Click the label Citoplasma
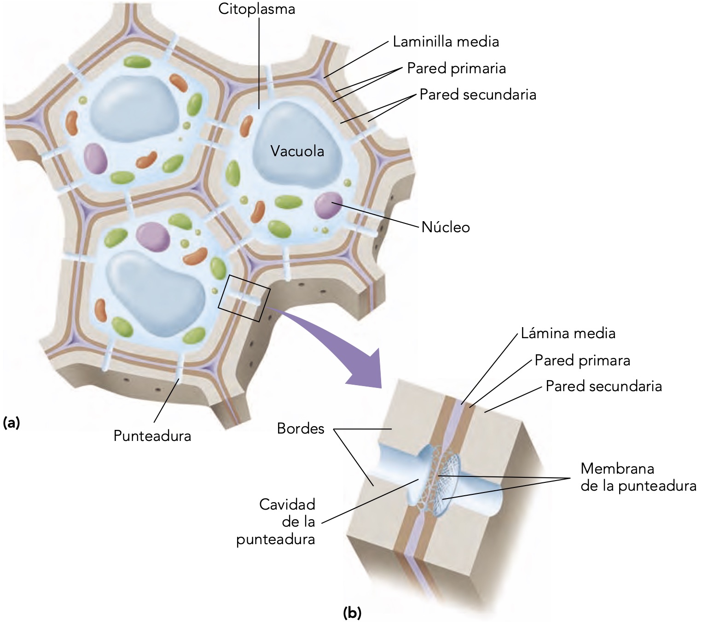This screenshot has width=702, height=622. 256,9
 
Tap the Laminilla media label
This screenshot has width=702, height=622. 446,42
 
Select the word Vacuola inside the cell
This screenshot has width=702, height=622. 297,151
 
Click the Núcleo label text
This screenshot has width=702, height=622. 446,227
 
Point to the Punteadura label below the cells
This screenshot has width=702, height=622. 152,436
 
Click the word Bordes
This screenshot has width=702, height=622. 301,429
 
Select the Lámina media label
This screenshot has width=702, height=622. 568,333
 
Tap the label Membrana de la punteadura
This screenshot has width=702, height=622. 638,477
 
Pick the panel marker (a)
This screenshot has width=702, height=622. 12,422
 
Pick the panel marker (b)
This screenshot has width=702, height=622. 353,613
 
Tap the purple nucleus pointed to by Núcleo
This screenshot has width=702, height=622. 328,205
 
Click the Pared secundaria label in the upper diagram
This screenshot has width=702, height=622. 478,95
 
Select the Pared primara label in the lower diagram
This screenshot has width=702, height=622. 582,360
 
